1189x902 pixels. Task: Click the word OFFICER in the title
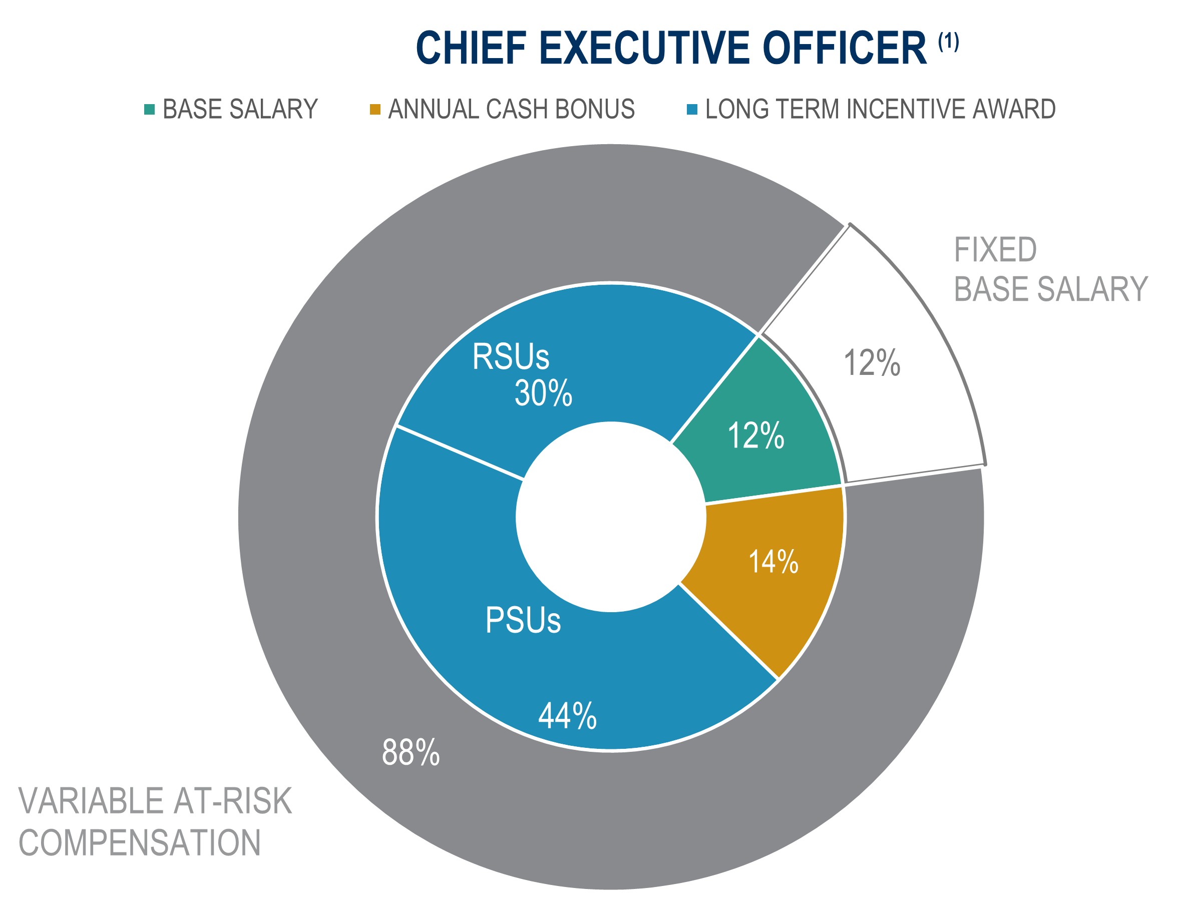[845, 49]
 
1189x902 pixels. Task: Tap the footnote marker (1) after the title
[949, 42]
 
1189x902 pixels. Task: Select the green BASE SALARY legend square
[149, 110]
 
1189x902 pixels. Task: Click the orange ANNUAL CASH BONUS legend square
[375, 110]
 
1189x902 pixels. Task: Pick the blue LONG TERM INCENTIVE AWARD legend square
[692, 110]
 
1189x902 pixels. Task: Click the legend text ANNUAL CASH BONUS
[511, 109]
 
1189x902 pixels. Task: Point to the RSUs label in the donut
[511, 357]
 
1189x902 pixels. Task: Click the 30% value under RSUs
[543, 393]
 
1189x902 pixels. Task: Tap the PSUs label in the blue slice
[523, 620]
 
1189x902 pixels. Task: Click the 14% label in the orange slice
[773, 562]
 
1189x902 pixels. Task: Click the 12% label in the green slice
[756, 436]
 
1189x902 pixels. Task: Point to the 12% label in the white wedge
[872, 363]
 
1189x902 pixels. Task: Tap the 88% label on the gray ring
[411, 752]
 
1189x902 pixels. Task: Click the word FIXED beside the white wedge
[995, 250]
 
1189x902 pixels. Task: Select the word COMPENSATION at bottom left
[140, 842]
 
